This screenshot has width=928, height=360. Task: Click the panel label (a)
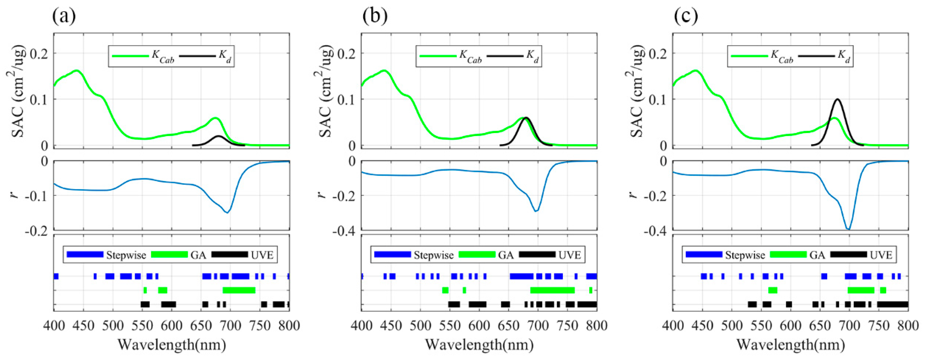click(x=64, y=16)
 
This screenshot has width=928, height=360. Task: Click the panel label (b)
click(x=375, y=16)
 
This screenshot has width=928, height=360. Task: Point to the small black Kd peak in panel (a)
click(x=218, y=137)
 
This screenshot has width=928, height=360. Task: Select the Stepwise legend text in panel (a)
click(x=126, y=255)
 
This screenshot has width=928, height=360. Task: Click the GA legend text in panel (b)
click(x=506, y=255)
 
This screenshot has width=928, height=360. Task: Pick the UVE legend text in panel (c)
click(x=881, y=255)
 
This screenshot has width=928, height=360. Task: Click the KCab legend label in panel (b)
click(x=470, y=57)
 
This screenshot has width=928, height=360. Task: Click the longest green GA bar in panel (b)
click(x=552, y=290)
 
